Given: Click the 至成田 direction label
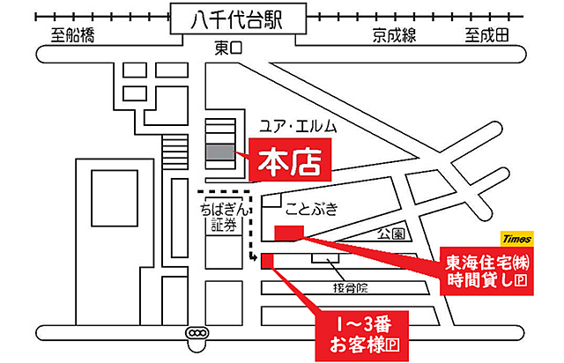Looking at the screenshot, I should click(487, 36).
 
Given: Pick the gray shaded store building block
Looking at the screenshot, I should click(220, 152).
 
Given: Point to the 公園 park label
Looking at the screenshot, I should click(390, 234).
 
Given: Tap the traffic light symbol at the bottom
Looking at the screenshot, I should click(197, 333).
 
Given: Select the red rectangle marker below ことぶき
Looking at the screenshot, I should click(289, 232).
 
